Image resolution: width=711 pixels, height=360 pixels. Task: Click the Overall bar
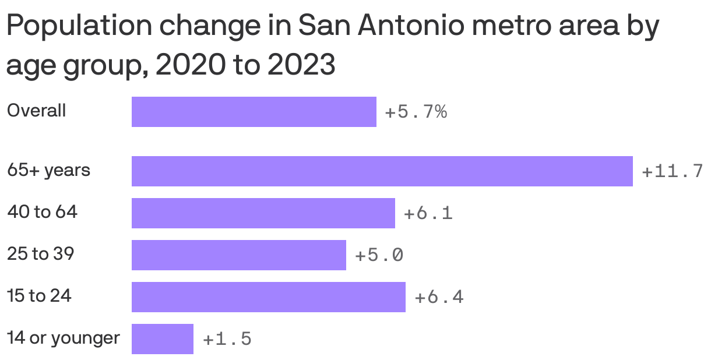click(x=254, y=112)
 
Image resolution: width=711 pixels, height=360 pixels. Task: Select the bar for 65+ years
click(x=382, y=171)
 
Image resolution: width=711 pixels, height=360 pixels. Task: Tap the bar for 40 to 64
click(x=263, y=213)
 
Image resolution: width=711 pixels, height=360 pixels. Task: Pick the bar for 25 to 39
click(x=238, y=255)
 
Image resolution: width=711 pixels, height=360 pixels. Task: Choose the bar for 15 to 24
click(x=268, y=297)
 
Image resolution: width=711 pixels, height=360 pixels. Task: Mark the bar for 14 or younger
click(x=162, y=339)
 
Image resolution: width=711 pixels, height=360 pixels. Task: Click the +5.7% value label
click(x=416, y=112)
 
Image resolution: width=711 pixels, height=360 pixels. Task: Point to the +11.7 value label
click(x=672, y=172)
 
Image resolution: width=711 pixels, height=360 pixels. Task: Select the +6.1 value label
click(x=428, y=214)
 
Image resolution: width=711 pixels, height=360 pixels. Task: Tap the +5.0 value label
click(x=379, y=256)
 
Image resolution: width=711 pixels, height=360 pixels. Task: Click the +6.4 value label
click(x=439, y=298)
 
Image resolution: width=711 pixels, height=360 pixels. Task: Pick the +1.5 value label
click(x=227, y=340)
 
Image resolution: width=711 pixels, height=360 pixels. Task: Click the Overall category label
click(x=36, y=111)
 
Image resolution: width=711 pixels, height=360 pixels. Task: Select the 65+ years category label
click(x=48, y=171)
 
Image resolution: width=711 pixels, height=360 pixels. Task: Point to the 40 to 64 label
click(x=42, y=212)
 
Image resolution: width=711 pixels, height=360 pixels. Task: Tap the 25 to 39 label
click(x=40, y=254)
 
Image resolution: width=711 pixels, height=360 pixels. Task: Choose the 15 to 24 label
click(x=39, y=296)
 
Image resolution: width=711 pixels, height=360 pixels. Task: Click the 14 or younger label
click(x=63, y=338)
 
